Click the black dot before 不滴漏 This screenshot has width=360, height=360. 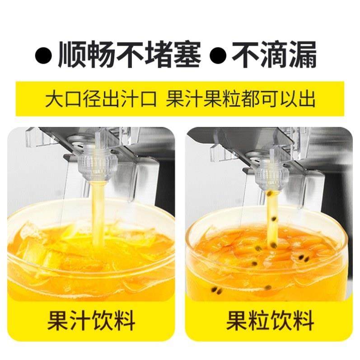pos(218,56)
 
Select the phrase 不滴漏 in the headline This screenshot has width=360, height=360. pos(274,55)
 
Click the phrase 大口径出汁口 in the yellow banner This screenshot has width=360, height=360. pos(100,99)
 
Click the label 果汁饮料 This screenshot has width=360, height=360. pos(91,322)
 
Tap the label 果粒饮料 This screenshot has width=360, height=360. pos(270,322)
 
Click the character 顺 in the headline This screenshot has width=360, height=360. pos(72,55)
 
